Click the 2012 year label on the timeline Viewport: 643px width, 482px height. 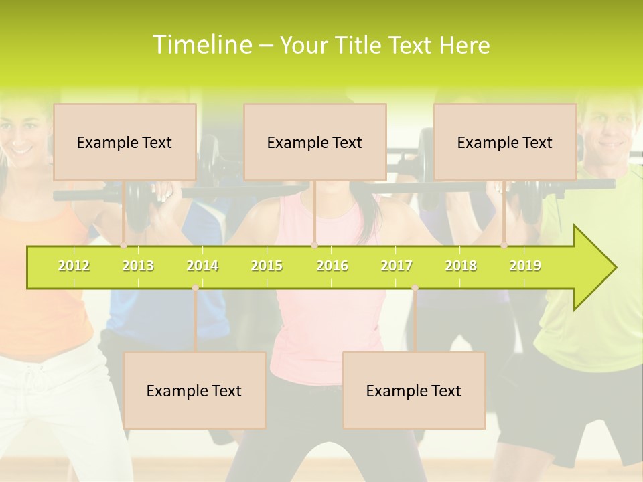coord(74,266)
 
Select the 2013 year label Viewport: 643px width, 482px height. coord(138,266)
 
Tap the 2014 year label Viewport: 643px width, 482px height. coord(202,266)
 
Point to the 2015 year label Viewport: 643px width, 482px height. coord(267,266)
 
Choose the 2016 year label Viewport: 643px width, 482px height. coord(332,266)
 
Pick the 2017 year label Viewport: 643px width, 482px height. coord(397,266)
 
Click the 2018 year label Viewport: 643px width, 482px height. coord(461,266)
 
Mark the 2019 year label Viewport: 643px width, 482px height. coord(525,266)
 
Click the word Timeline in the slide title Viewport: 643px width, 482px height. coord(202,45)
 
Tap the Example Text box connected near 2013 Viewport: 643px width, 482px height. coord(125,142)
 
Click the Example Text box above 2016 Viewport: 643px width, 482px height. coord(315,142)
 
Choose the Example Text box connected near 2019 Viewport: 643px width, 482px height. coord(505,142)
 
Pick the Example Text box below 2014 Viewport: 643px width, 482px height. coord(194,390)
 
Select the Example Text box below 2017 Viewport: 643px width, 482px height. coord(414,390)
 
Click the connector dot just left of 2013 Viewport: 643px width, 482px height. coord(123,246)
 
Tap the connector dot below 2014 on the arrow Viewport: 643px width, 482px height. coord(195,288)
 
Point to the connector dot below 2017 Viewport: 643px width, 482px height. coord(415,288)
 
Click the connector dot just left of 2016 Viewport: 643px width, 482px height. coord(314,246)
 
